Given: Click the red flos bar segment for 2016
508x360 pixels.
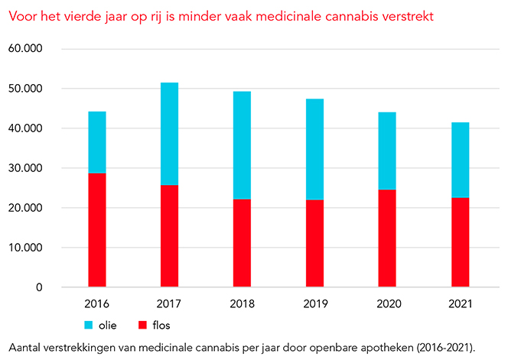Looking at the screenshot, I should click(x=97, y=230).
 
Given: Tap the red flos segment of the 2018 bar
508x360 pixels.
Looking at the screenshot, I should click(x=242, y=243).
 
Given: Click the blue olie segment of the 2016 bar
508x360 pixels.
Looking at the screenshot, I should click(x=97, y=142).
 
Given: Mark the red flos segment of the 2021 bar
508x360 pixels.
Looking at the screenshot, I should click(x=460, y=242).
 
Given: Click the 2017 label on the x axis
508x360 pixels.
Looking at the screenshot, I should click(x=169, y=303).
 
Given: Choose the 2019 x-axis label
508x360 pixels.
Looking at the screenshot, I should click(x=314, y=303).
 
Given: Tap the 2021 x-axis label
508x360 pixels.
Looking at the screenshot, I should click(x=460, y=303).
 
